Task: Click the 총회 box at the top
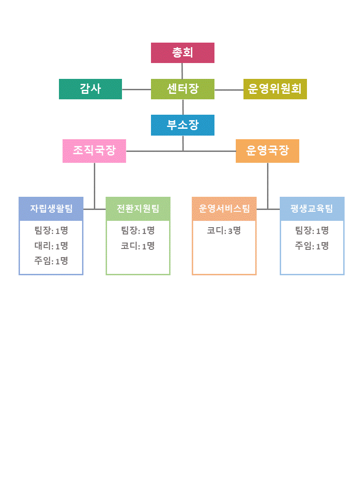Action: click(x=182, y=53)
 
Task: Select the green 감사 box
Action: click(x=90, y=89)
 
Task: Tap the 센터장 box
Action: click(x=182, y=89)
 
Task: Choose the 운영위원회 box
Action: click(x=275, y=89)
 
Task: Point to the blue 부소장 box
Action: click(x=182, y=125)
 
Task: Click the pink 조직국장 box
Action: click(x=94, y=151)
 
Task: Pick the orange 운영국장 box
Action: click(x=267, y=151)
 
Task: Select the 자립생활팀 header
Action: click(x=51, y=209)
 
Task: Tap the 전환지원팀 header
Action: click(x=138, y=209)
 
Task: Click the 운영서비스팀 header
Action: click(x=224, y=209)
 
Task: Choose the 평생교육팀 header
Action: click(x=311, y=209)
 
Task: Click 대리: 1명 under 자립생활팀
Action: click(x=51, y=246)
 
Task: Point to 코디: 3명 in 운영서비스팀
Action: click(x=224, y=231)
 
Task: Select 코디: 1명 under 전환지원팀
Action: click(x=138, y=246)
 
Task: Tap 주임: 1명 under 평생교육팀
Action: click(x=311, y=246)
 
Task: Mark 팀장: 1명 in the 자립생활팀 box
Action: click(x=51, y=231)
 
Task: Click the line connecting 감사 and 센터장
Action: click(x=136, y=89)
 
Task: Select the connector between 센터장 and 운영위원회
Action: click(x=229, y=90)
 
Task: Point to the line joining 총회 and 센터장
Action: click(x=182, y=71)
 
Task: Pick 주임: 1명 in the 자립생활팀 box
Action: click(x=51, y=261)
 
